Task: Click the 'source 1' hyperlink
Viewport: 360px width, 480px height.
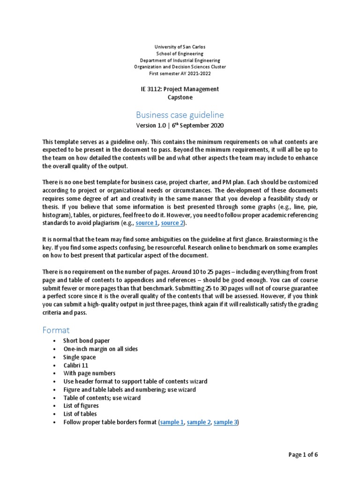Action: tap(146, 223)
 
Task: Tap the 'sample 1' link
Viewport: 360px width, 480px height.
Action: tap(172, 422)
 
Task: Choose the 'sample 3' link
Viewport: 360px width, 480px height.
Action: tap(225, 422)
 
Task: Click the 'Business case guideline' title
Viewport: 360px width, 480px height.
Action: tap(180, 115)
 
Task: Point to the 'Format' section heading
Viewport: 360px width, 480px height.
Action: tap(56, 330)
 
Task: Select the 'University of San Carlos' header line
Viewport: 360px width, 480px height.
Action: tap(180, 47)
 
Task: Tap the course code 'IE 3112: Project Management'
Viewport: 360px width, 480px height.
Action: tap(180, 89)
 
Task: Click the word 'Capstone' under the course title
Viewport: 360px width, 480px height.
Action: tap(180, 97)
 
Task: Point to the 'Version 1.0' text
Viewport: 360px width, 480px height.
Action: tap(151, 126)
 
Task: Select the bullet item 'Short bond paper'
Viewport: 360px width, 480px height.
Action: tap(87, 341)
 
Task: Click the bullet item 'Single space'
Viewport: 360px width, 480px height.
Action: tap(80, 357)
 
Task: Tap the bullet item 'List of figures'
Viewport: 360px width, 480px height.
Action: tap(81, 406)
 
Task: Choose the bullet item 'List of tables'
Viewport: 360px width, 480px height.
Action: tap(80, 414)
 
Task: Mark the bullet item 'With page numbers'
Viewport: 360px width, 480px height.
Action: tap(90, 373)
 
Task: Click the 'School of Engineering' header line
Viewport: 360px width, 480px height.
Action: tap(180, 54)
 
